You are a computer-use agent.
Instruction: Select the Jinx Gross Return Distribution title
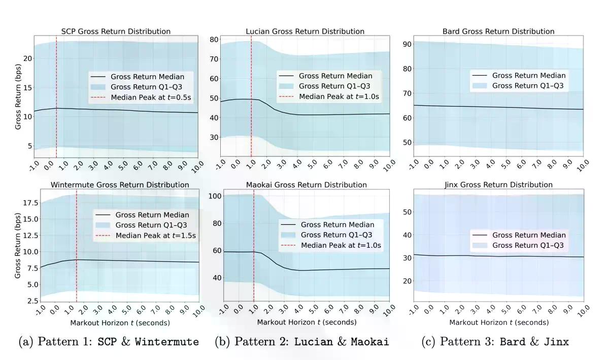(497, 185)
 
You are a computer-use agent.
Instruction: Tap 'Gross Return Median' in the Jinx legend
(528, 235)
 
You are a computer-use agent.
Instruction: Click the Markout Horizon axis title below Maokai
(307, 322)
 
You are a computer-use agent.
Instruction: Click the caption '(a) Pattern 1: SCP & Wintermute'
(109, 342)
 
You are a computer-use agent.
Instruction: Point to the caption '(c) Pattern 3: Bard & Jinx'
(495, 342)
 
